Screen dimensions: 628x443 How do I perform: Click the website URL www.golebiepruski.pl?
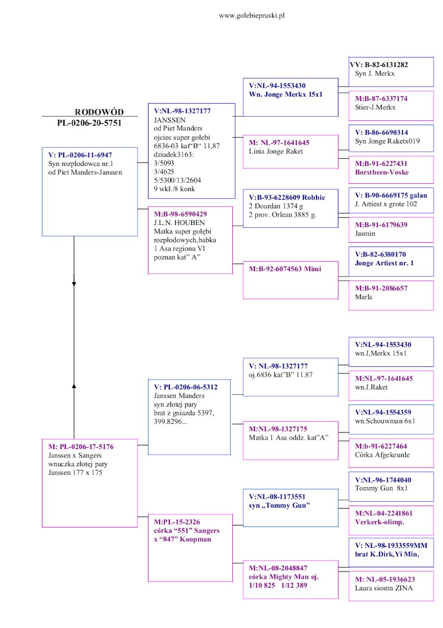click(252, 16)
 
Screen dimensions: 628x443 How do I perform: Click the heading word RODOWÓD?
click(99, 112)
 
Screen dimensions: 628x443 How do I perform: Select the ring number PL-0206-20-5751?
click(89, 123)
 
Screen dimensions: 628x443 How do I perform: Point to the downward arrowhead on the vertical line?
click(74, 284)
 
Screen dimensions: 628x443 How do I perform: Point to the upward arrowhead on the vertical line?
click(74, 386)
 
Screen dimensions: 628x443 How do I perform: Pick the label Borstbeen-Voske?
click(382, 172)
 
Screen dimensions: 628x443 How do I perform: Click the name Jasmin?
click(365, 233)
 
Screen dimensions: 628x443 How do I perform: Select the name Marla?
click(364, 297)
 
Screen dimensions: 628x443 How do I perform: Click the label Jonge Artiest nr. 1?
click(384, 263)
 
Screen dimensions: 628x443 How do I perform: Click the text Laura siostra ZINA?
click(387, 588)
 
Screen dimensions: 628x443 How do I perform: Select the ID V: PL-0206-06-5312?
click(183, 387)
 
